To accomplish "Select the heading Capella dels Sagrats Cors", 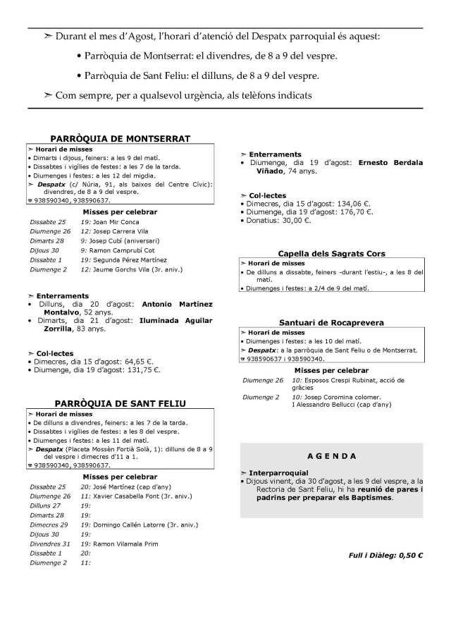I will click(x=330, y=254).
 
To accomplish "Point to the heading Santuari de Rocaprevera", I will click(x=330, y=322).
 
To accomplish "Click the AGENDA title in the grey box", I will click(x=331, y=456).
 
